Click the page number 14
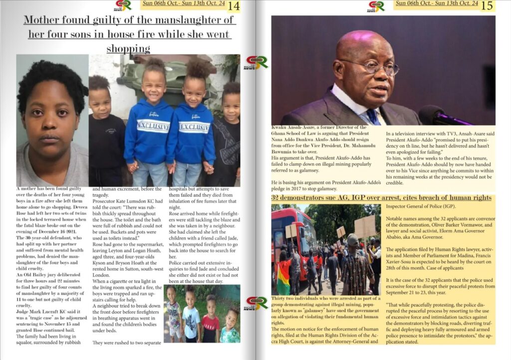click(x=234, y=6)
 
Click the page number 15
click(x=487, y=6)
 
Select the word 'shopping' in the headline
click(x=128, y=48)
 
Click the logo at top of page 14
click(x=123, y=6)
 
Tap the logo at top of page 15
click(x=376, y=6)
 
